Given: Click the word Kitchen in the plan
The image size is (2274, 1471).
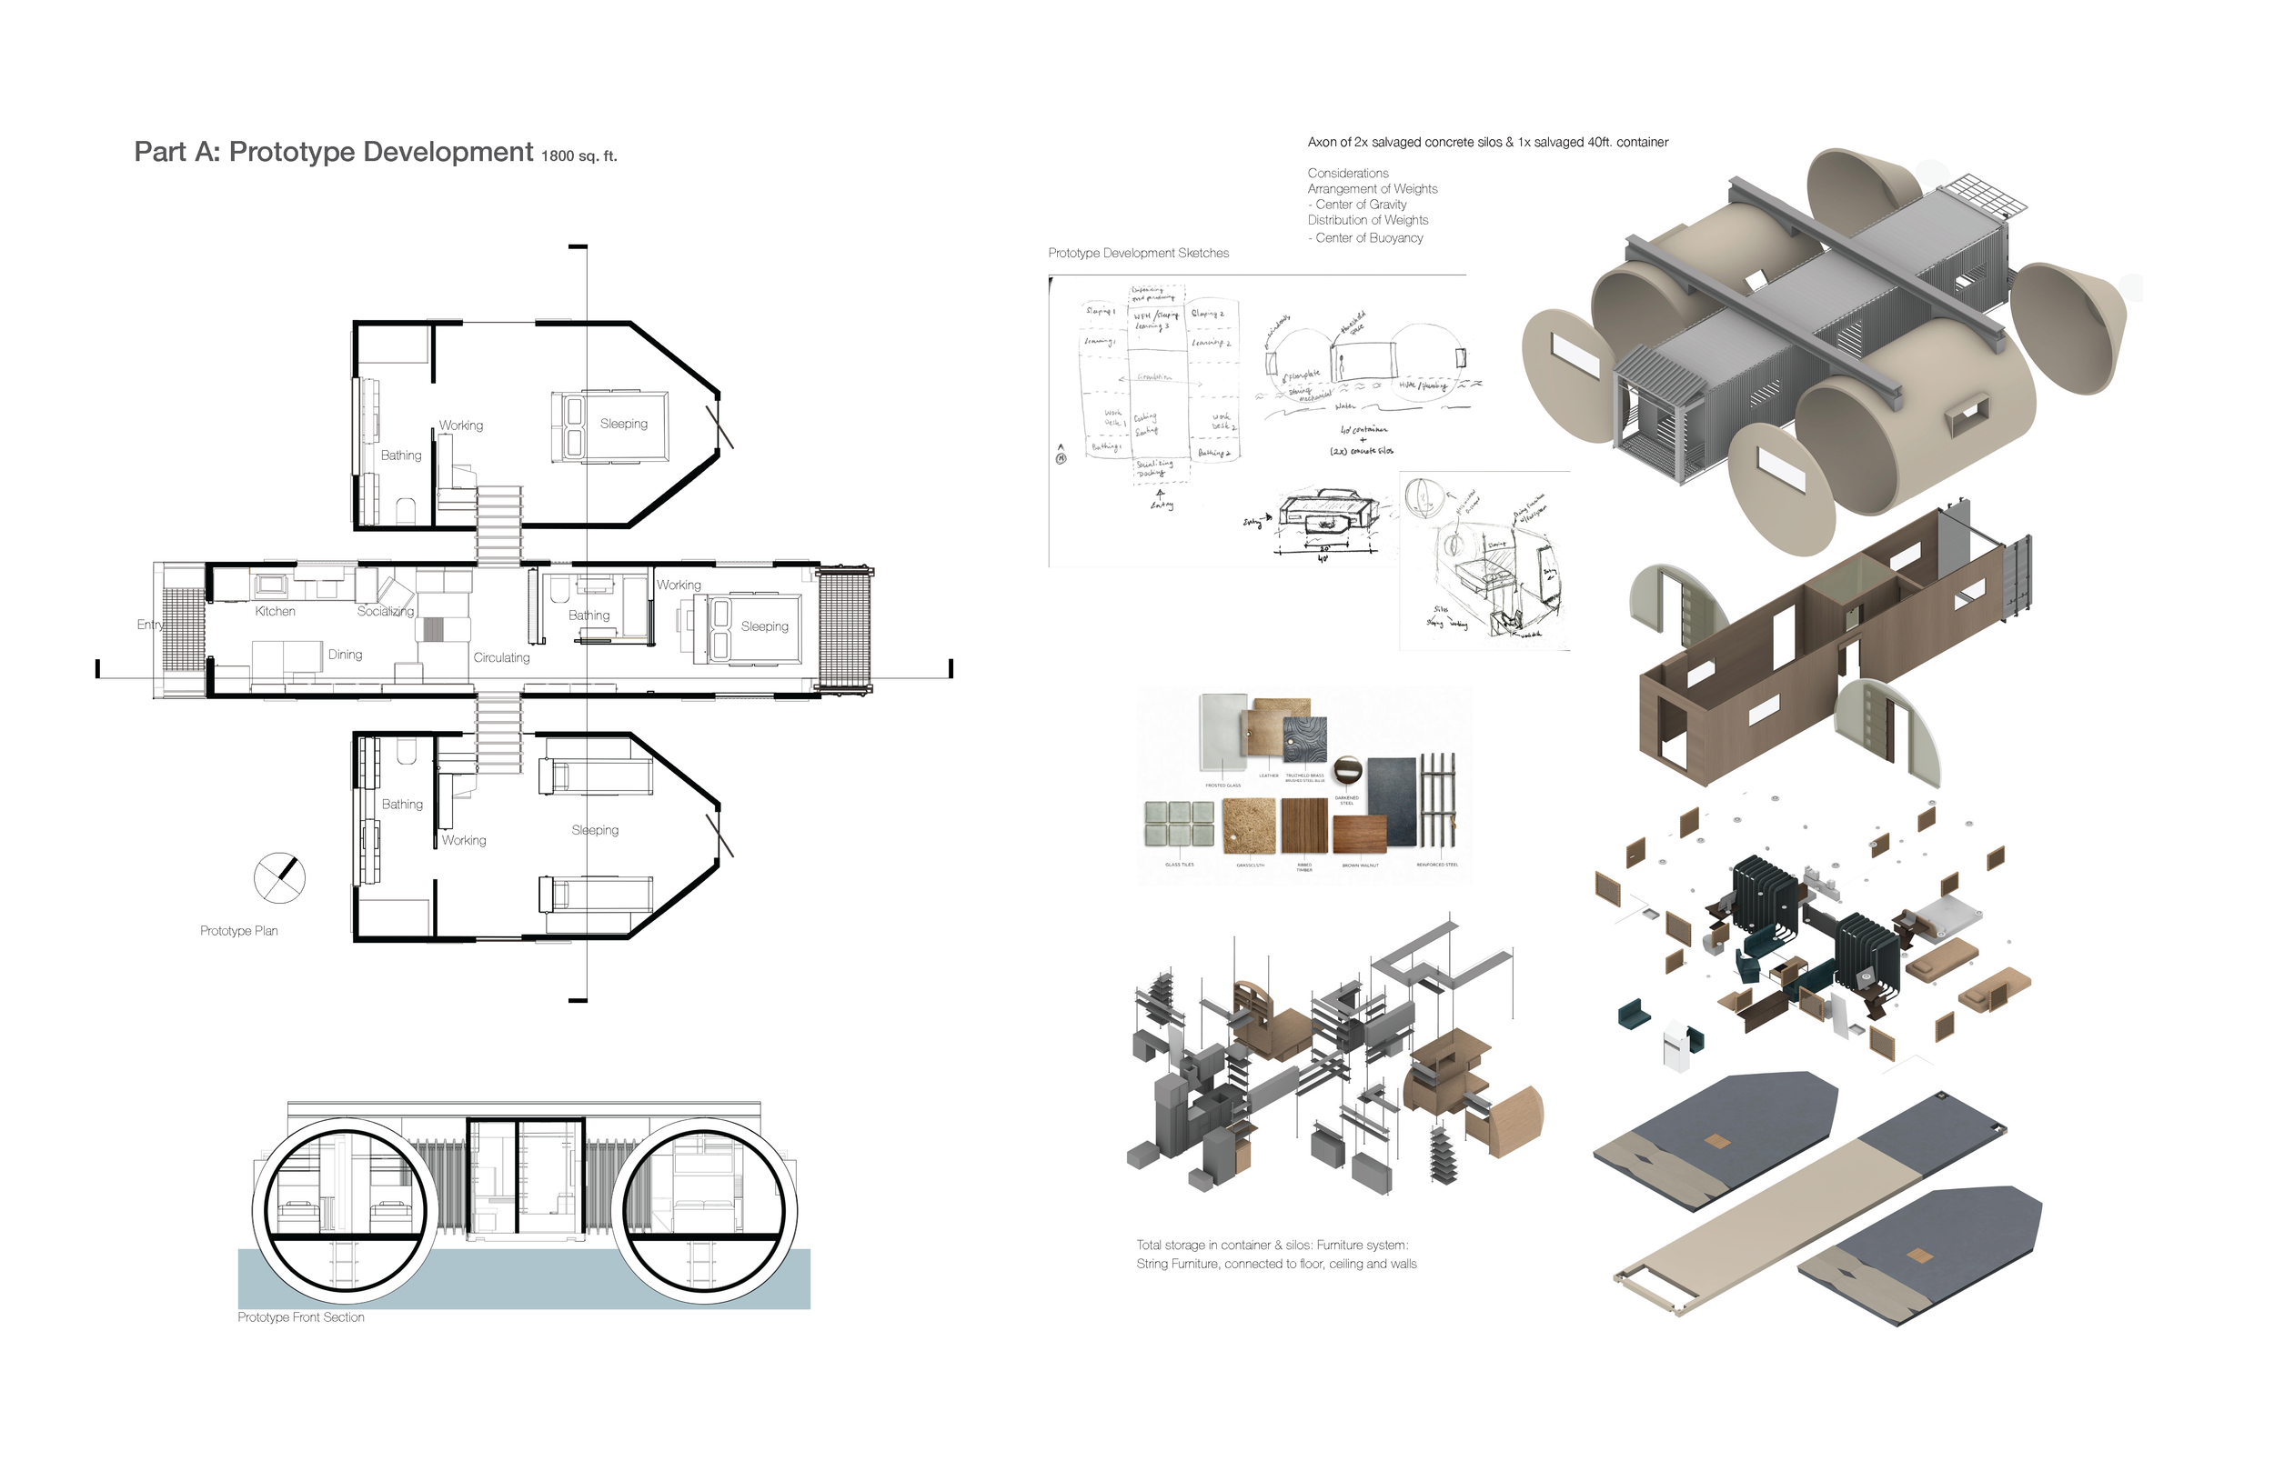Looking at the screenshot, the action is [x=276, y=611].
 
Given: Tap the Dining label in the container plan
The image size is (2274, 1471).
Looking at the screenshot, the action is [x=345, y=655].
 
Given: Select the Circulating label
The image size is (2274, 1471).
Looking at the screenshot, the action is [x=501, y=657].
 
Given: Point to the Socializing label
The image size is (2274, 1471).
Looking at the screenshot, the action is [x=385, y=611].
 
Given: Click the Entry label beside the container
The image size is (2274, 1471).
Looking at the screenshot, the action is [x=150, y=625].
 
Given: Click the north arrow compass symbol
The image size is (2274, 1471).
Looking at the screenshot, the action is [x=279, y=876].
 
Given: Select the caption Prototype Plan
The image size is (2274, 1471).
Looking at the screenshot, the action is [x=239, y=930].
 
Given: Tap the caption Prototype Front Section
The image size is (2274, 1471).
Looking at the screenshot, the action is [x=301, y=1317].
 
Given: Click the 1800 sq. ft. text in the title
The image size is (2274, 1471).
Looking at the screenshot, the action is [x=579, y=156].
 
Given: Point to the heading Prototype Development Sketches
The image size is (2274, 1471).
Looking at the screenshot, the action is [x=1138, y=253].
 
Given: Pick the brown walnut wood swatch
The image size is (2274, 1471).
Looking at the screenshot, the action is [x=1359, y=835].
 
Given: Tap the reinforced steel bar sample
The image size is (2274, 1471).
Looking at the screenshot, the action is [x=1437, y=800].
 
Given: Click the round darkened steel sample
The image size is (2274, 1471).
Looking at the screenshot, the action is [x=1346, y=769].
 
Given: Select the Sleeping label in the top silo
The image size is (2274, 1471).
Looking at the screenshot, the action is [x=623, y=423].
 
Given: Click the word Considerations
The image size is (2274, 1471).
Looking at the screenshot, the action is [x=1347, y=173].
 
